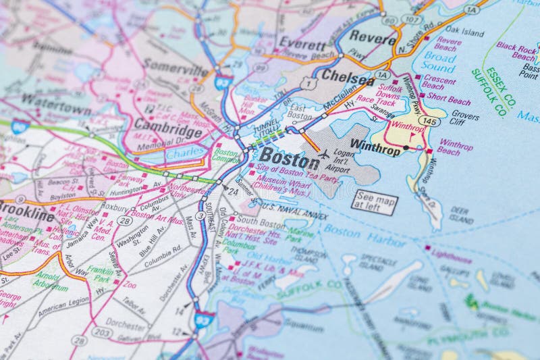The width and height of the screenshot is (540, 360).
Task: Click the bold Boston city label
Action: (x=290, y=159)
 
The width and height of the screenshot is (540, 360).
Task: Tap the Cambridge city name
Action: (x=167, y=127)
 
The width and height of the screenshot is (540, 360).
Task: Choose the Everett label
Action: (x=302, y=44)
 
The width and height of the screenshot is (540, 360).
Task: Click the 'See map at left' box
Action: (x=375, y=202)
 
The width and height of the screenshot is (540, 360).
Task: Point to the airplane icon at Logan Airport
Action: (x=323, y=154)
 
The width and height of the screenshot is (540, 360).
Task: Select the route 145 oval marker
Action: (x=429, y=120)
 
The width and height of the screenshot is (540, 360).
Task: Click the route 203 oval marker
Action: (x=102, y=332)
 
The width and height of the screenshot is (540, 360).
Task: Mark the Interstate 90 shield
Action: (x=20, y=126)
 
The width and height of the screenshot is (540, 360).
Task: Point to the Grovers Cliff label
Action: (x=465, y=118)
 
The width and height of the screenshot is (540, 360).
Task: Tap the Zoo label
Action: (x=130, y=285)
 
